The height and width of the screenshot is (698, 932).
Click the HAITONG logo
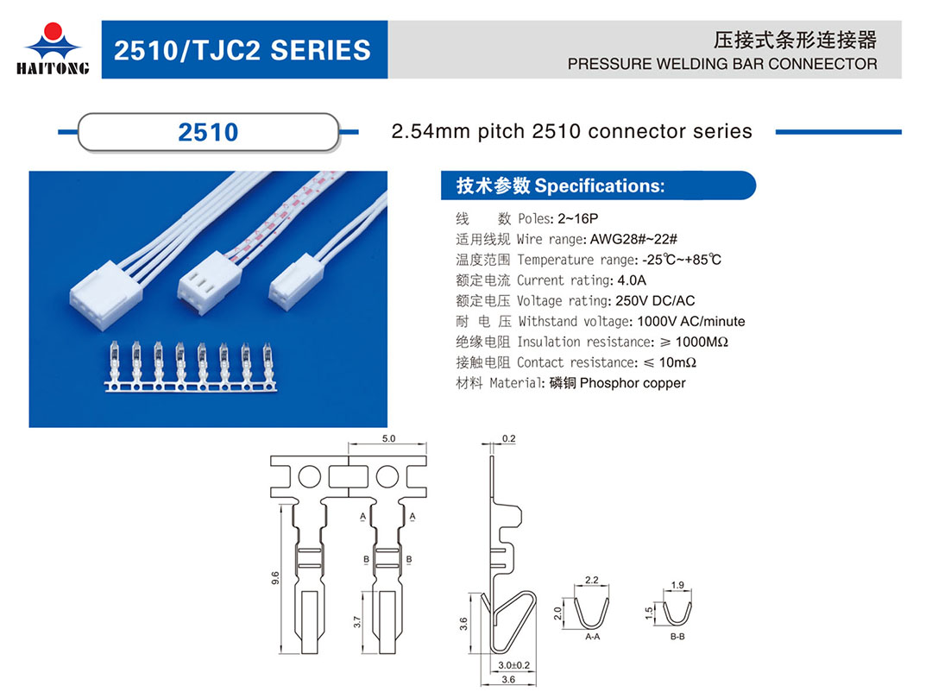coord(53,49)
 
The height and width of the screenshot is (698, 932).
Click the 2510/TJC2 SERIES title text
coord(242,51)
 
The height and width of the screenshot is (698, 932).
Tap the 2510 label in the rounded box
coord(208,132)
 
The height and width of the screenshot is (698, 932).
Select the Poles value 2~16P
coord(577,218)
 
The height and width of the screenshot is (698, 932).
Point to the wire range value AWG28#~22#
coord(633,239)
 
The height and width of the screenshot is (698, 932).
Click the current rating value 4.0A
coord(632,280)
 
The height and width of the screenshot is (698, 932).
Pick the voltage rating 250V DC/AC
coord(655,301)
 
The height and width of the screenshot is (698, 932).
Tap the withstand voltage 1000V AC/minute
coord(690,321)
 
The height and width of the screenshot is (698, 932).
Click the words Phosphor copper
coord(633,383)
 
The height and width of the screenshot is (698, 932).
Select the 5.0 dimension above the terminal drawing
coord(388,438)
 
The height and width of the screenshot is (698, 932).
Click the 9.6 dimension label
coord(275,578)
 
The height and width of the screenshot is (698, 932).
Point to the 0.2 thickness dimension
coord(509,438)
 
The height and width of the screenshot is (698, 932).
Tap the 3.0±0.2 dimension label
coord(513,665)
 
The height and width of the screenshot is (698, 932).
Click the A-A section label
coord(593,636)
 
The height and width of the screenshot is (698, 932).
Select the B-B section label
coord(677,636)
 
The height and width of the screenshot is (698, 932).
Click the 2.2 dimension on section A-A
coord(591,580)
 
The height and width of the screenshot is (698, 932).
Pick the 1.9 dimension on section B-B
coord(677,585)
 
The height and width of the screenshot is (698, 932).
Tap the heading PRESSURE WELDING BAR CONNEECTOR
coord(722,64)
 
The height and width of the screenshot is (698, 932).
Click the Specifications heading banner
coord(597,186)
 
